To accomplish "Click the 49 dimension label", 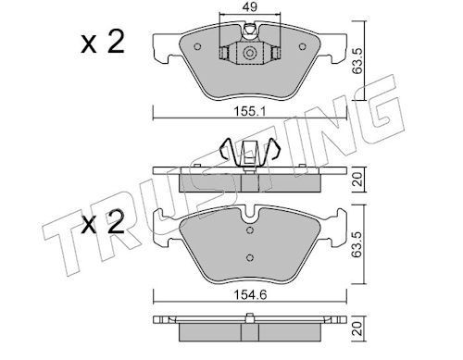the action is pos(250,6).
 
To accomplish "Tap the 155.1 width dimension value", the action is pos(249,111).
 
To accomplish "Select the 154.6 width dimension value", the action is pos(249,295).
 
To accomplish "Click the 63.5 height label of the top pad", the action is pos(357,60).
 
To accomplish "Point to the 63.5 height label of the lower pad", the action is pos(357,244).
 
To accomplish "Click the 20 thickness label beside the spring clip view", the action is pos(357,179).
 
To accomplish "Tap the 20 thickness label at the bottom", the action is pos(357,329).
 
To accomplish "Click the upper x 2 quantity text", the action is pos(103,42).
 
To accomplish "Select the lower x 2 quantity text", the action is pos(103,222).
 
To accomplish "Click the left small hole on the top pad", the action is pos(197,46).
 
